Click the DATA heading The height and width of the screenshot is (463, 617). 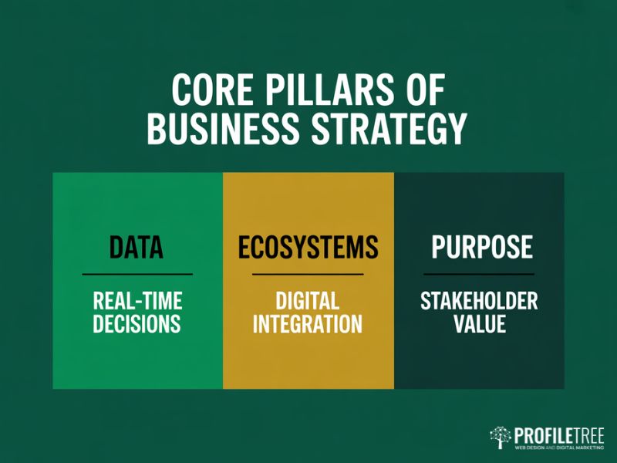pyautogui.click(x=137, y=247)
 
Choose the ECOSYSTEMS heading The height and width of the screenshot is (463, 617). pyautogui.click(x=308, y=247)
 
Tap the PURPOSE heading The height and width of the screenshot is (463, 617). pyautogui.click(x=481, y=247)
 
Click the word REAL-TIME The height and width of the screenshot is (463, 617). pyautogui.click(x=137, y=301)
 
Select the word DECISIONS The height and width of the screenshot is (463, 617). pyautogui.click(x=137, y=323)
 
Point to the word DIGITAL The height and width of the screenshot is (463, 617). pyautogui.click(x=308, y=301)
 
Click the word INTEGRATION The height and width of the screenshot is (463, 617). pyautogui.click(x=308, y=323)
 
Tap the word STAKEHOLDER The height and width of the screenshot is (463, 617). pyautogui.click(x=479, y=301)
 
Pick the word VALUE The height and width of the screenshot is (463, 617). pyautogui.click(x=479, y=323)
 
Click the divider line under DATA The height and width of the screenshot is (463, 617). pyautogui.click(x=137, y=274)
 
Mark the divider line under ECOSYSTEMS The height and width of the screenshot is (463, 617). pyautogui.click(x=308, y=274)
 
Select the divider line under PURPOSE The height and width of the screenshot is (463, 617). pyautogui.click(x=479, y=274)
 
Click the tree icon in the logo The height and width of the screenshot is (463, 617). pyautogui.click(x=501, y=437)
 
